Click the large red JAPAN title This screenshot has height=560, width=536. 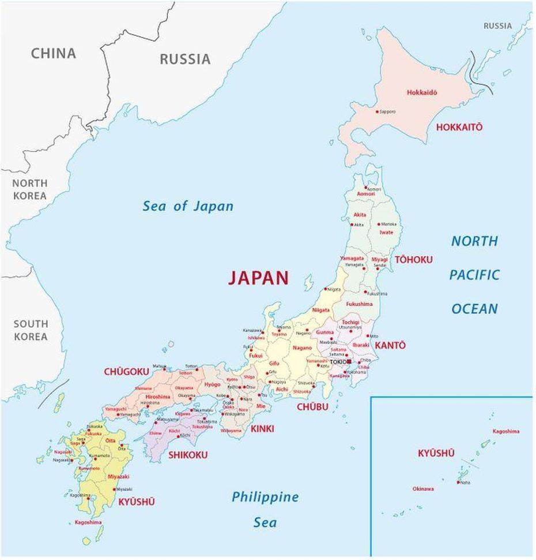pos(258,278)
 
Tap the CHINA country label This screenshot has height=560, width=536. pos(53,54)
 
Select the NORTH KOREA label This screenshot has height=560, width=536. pos(30,189)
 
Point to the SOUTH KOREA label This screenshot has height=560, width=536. pos(31,330)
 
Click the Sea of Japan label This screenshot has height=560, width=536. pos(188,206)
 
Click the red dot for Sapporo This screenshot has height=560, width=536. pos(377,111)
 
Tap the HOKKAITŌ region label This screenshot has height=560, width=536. pos(459,127)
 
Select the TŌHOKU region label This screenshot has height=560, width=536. pos(413,260)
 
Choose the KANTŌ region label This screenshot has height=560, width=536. pos(390,345)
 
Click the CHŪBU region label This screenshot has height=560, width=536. pos(312,407)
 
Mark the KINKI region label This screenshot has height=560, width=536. pos(262,429)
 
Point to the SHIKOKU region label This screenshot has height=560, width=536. pos(188,455)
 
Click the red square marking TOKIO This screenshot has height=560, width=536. pos(349,361)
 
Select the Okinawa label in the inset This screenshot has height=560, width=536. pos(423,488)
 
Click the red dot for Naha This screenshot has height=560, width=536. pos(459,482)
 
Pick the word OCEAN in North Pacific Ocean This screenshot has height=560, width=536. pos(474,309)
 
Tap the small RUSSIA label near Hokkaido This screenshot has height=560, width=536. pos(497,25)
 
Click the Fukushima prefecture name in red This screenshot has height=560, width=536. pos(359,304)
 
